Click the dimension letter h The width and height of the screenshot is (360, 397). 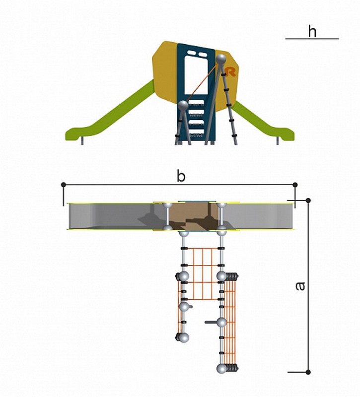pyautogui.click(x=312, y=31)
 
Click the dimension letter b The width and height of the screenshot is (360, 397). pyautogui.click(x=181, y=176)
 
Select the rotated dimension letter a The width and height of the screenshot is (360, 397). pyautogui.click(x=300, y=286)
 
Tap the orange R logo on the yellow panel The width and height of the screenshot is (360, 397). pyautogui.click(x=230, y=71)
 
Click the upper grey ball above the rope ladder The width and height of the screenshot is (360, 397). pyautogui.click(x=220, y=59)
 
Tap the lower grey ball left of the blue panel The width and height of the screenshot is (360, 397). pyautogui.click(x=183, y=106)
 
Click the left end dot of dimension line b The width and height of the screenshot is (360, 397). pyautogui.click(x=64, y=185)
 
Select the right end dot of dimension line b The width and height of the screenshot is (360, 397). pyautogui.click(x=295, y=185)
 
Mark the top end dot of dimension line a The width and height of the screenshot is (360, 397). pyautogui.click(x=308, y=200)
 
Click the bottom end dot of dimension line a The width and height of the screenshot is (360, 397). pyautogui.click(x=308, y=372)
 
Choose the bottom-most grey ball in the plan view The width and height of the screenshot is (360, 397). pyautogui.click(x=221, y=369)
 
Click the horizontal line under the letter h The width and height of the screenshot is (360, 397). pyautogui.click(x=312, y=39)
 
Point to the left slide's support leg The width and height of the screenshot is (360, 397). pyautogui.click(x=82, y=141)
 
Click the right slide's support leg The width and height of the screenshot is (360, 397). pyautogui.click(x=278, y=141)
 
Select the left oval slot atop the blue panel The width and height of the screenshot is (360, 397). pyautogui.click(x=191, y=54)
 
